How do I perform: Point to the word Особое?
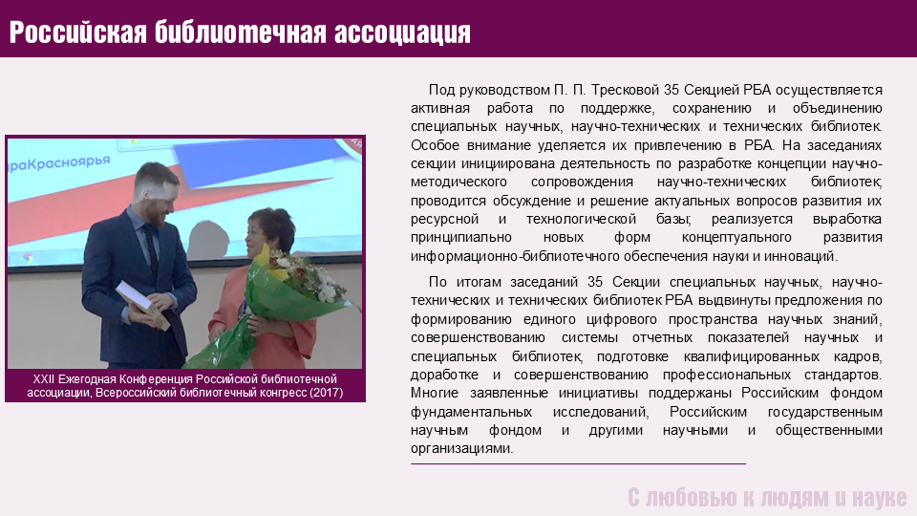(433, 145)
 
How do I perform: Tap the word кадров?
(858, 356)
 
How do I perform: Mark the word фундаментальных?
(471, 412)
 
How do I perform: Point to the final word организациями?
(461, 449)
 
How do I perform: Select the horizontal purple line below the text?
(579, 464)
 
